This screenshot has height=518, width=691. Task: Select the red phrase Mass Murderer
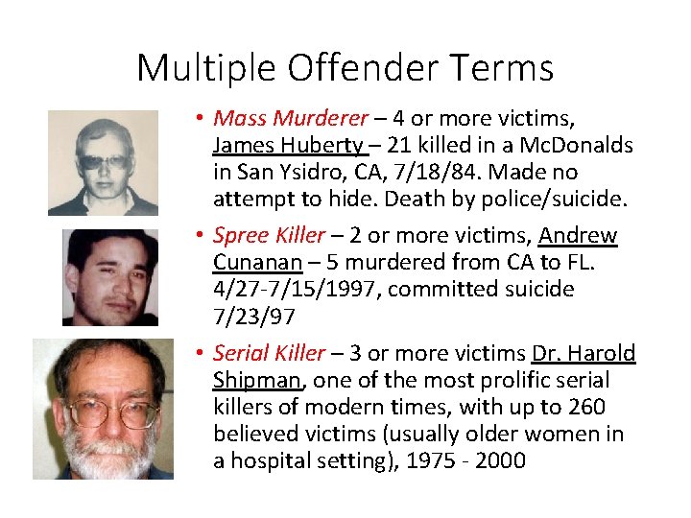[x=291, y=119]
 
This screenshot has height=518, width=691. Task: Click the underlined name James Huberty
[x=287, y=146]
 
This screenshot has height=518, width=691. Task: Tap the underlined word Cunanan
[x=257, y=263]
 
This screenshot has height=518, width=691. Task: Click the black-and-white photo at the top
[x=103, y=163]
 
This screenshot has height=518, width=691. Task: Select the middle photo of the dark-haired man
[x=109, y=277]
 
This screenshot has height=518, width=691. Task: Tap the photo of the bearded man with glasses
[x=103, y=409]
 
